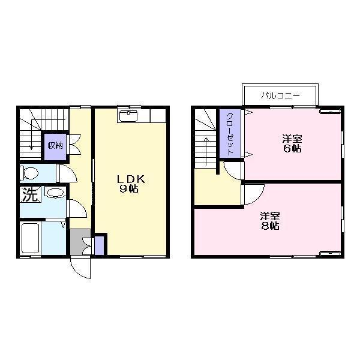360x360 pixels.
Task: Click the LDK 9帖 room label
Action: (131, 184)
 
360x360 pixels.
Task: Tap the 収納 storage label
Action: (55, 145)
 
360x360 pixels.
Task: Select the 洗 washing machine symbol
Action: (30, 194)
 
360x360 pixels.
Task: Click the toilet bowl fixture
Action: (29, 173)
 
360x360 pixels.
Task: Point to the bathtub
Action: (30, 238)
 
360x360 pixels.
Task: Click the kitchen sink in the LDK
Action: (128, 116)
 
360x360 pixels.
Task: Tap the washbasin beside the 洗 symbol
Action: (55, 193)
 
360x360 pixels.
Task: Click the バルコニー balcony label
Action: (280, 95)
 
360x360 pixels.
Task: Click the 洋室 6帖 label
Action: (292, 144)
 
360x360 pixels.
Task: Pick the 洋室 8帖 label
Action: (270, 221)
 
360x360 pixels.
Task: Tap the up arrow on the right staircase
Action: (206, 151)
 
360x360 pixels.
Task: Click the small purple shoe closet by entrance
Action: (99, 245)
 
